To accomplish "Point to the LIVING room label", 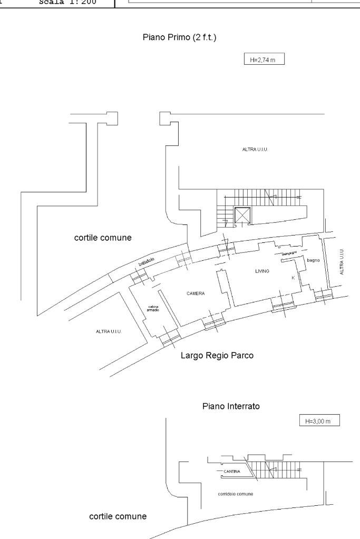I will click(x=262, y=271).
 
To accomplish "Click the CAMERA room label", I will click(x=196, y=293).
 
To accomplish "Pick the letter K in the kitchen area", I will click(x=293, y=278).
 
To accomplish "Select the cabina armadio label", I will click(x=153, y=308).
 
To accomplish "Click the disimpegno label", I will click(x=290, y=254).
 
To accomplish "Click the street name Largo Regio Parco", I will click(x=217, y=356).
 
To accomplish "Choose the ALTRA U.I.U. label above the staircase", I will click(x=257, y=150).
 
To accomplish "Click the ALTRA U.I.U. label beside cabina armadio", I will click(x=109, y=331).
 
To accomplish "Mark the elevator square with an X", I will click(x=241, y=215).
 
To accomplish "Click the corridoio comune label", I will click(x=235, y=494).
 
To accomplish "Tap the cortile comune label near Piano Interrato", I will click(x=118, y=516).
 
